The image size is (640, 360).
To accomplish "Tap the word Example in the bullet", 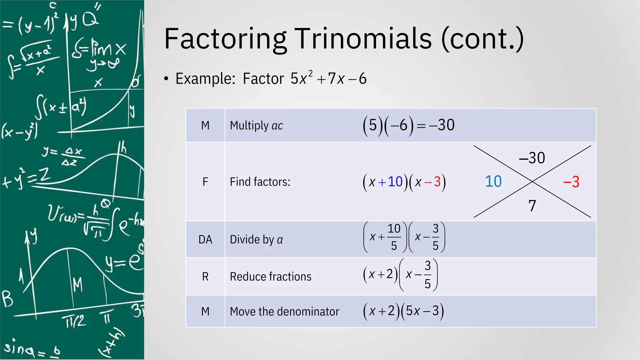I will pyautogui.click(x=205, y=78).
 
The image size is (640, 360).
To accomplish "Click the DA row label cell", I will pyautogui.click(x=205, y=239).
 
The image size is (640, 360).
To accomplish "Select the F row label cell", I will pyautogui.click(x=205, y=182).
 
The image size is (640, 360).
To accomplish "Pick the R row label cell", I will pyautogui.click(x=205, y=277).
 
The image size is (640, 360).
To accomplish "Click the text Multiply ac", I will pyautogui.click(x=256, y=126).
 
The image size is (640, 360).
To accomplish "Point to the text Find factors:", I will pyautogui.click(x=260, y=182).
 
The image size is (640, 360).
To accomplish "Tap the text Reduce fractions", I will pyautogui.click(x=271, y=277).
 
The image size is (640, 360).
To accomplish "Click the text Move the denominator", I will pyautogui.click(x=284, y=312).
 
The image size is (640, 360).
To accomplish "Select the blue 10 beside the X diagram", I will pyautogui.click(x=493, y=182).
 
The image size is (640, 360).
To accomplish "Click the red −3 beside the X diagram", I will pyautogui.click(x=571, y=182).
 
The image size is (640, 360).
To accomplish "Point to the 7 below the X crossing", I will pyautogui.click(x=532, y=206).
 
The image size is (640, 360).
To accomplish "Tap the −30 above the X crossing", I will pyautogui.click(x=532, y=158).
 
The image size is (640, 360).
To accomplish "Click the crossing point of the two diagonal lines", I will pyautogui.click(x=532, y=181).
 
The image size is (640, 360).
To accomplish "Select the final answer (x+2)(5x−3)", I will pyautogui.click(x=403, y=311).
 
